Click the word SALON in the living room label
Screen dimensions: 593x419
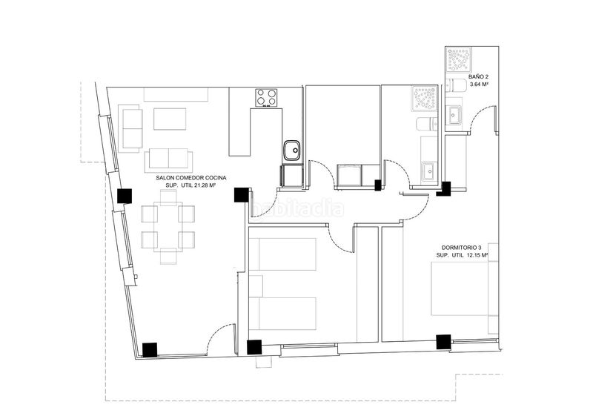click(x=164, y=177)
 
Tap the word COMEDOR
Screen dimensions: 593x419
click(x=187, y=177)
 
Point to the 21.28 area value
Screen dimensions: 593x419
click(x=202, y=185)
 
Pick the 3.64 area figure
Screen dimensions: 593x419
click(x=475, y=85)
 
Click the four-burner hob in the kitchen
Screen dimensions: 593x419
click(x=266, y=98)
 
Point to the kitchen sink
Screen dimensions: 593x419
click(x=292, y=151)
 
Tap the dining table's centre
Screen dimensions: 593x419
click(x=168, y=227)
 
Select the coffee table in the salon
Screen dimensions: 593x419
click(x=170, y=119)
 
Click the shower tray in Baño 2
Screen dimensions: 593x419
click(x=458, y=59)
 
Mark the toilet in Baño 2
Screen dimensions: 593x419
click(x=452, y=85)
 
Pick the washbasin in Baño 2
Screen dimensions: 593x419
click(x=454, y=115)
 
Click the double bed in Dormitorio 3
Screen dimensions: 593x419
click(x=460, y=288)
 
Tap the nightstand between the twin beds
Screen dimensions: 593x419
click(x=256, y=286)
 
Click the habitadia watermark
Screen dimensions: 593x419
click(x=297, y=209)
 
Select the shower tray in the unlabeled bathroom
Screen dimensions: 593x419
click(x=425, y=99)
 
